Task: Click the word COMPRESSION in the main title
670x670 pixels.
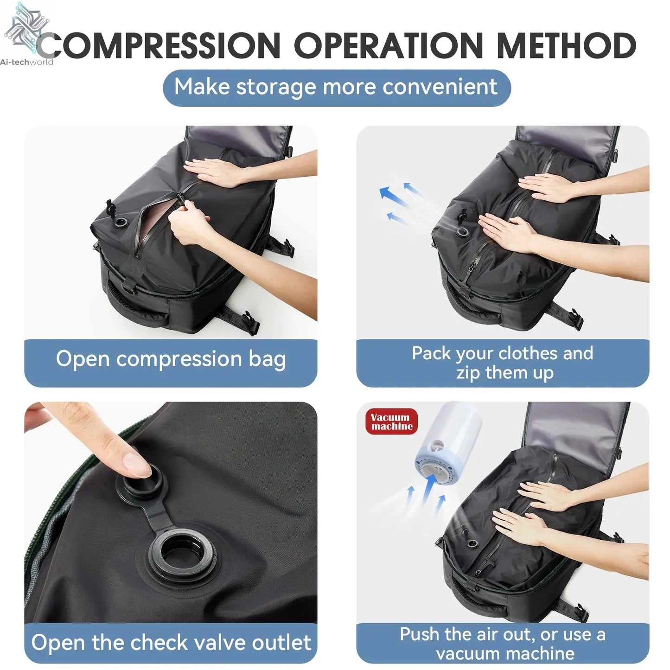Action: click(160, 45)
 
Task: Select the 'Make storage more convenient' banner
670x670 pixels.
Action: click(337, 88)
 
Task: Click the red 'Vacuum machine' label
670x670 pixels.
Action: click(391, 421)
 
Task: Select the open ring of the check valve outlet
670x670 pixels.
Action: click(182, 553)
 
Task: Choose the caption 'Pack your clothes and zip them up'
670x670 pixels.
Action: click(503, 363)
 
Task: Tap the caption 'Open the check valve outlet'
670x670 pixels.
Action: click(171, 643)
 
